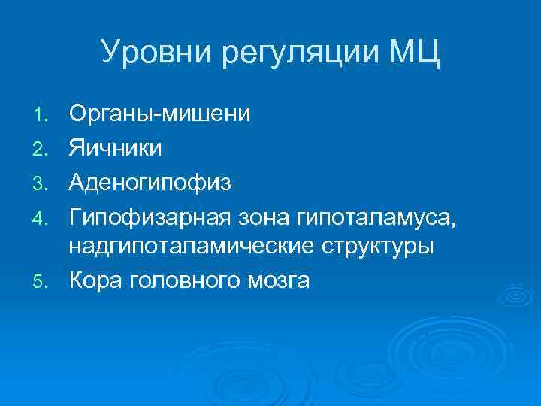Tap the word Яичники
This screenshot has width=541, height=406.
pos(115,148)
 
